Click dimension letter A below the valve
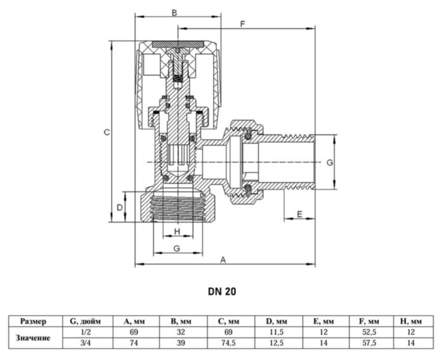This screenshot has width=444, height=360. pos(223,259)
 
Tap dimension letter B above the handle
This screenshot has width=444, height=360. pos(174,12)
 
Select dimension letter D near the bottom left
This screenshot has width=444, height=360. pos(120,208)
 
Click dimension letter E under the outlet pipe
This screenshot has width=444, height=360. pos(299,214)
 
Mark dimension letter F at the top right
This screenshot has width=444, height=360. pos(242,23)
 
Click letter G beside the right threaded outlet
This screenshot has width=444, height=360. pos(329,163)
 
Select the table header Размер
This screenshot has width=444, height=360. pos(33,321)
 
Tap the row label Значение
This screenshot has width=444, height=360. pos(33,338)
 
